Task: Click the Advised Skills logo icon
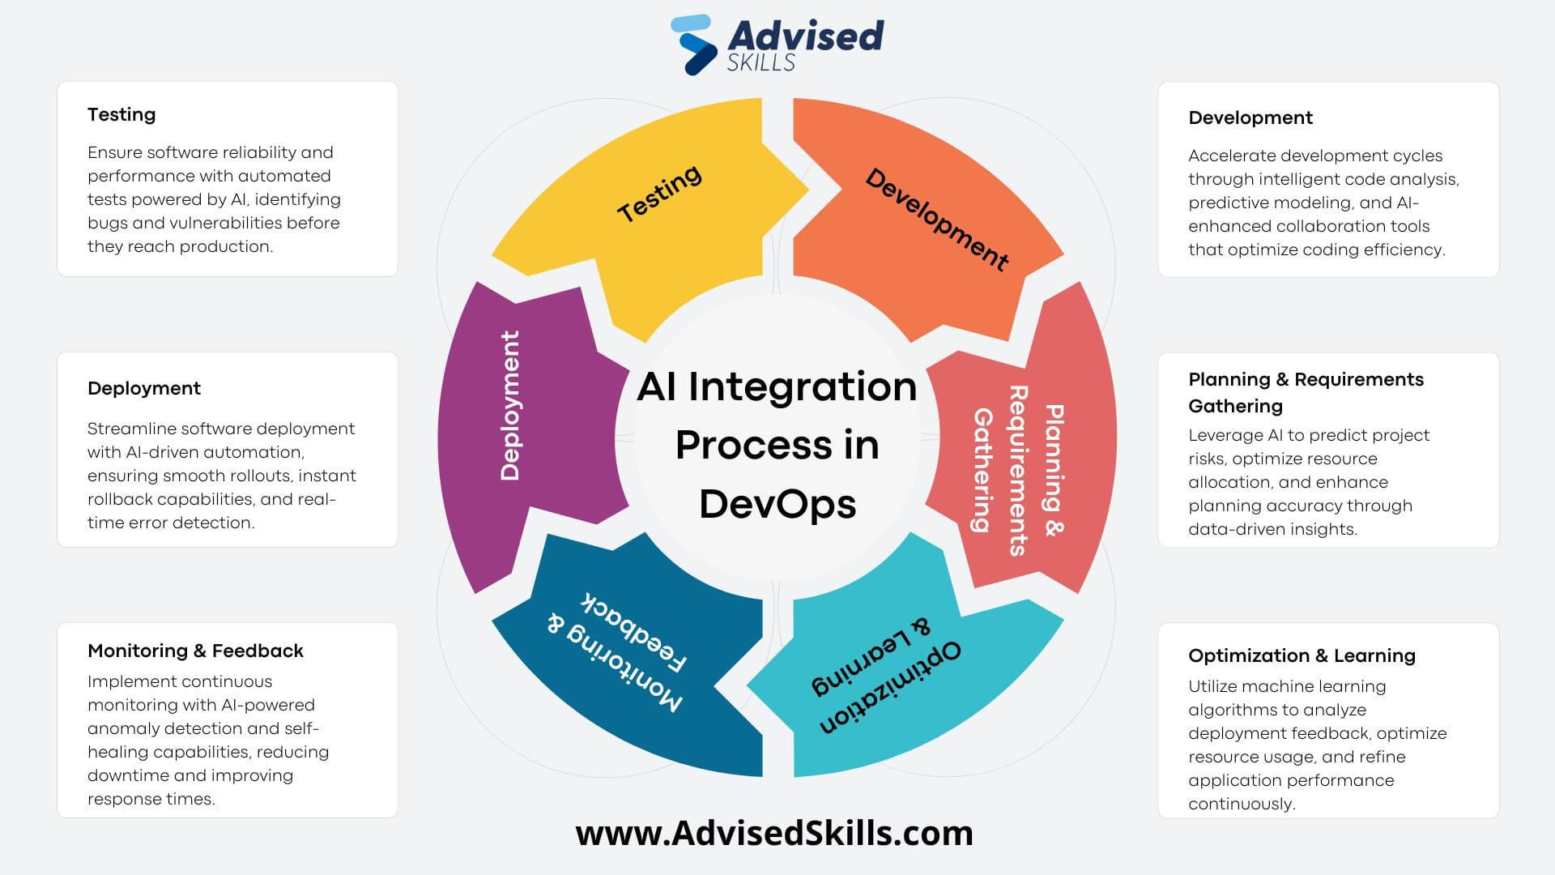click(694, 45)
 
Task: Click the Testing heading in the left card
click(121, 114)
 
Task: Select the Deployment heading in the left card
click(144, 388)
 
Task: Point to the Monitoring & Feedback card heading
click(195, 651)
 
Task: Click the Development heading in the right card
click(1250, 117)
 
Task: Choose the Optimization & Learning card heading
click(1302, 655)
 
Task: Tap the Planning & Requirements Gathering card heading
click(1305, 392)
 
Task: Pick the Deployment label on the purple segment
click(510, 405)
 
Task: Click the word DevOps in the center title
click(777, 504)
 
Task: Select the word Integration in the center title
click(802, 386)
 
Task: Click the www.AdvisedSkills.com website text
click(774, 833)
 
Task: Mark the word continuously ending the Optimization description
click(1241, 804)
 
